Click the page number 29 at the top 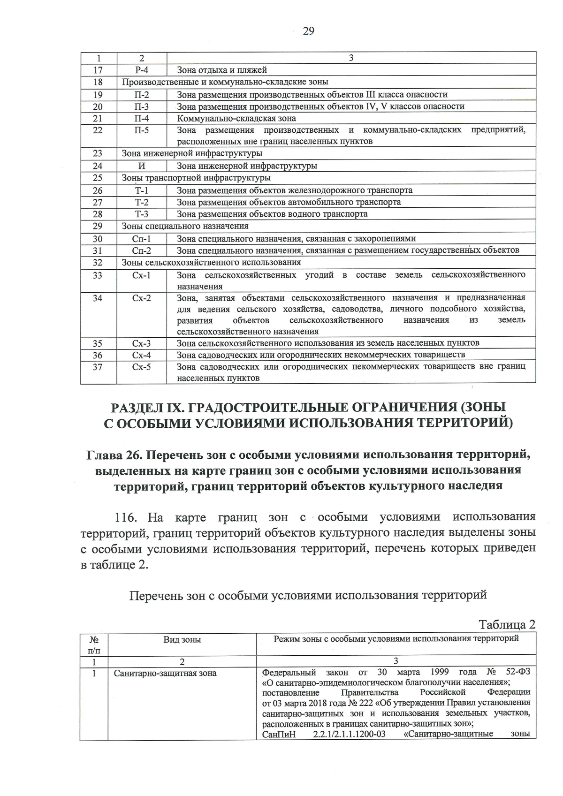(308, 31)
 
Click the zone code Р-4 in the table (142, 70)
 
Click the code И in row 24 (142, 166)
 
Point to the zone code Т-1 (142, 190)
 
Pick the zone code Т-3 (142, 214)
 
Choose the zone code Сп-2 (142, 250)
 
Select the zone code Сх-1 (142, 275)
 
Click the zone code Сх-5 (142, 367)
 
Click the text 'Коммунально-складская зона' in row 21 (236, 118)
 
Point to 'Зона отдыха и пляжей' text (222, 70)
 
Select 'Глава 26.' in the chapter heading (115, 455)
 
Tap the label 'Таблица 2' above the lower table (507, 624)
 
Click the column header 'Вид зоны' (182, 639)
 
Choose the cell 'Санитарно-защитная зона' (165, 673)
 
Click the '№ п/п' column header (94, 644)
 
